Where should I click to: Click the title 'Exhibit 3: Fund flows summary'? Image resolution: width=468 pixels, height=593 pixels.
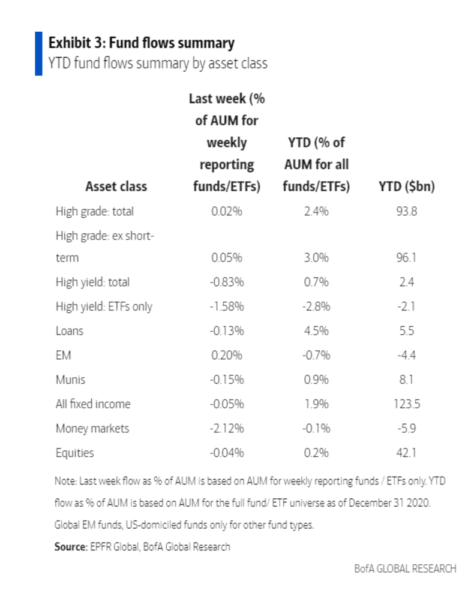click(141, 43)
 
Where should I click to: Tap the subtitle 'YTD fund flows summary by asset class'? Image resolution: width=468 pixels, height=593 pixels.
click(158, 63)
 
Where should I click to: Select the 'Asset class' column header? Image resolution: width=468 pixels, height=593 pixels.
click(116, 186)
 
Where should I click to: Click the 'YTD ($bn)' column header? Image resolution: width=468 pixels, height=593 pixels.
click(406, 186)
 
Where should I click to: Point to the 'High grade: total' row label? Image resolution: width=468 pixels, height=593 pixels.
click(94, 211)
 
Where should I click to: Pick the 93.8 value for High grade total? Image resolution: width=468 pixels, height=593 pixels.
click(406, 211)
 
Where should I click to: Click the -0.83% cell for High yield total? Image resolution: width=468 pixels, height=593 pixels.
click(227, 282)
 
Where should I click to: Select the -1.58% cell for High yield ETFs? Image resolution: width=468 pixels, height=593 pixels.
click(227, 306)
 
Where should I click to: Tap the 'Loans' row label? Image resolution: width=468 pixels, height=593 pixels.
click(69, 330)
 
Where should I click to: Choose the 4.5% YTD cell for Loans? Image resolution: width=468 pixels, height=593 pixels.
click(316, 330)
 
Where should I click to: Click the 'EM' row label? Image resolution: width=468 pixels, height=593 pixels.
click(63, 355)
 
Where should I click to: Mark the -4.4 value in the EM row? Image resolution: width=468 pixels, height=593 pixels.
click(406, 355)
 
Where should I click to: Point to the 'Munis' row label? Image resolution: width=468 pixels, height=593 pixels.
click(70, 380)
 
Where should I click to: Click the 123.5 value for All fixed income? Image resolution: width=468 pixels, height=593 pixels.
click(406, 404)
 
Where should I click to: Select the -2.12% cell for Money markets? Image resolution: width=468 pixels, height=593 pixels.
click(227, 428)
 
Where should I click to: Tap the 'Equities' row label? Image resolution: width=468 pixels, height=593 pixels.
click(74, 453)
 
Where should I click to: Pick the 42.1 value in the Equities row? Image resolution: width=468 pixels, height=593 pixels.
click(406, 453)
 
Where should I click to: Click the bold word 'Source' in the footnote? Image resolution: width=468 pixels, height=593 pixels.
click(71, 547)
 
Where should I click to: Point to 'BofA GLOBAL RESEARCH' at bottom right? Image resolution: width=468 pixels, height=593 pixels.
click(404, 568)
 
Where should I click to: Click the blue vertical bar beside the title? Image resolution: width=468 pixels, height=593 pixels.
click(38, 54)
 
